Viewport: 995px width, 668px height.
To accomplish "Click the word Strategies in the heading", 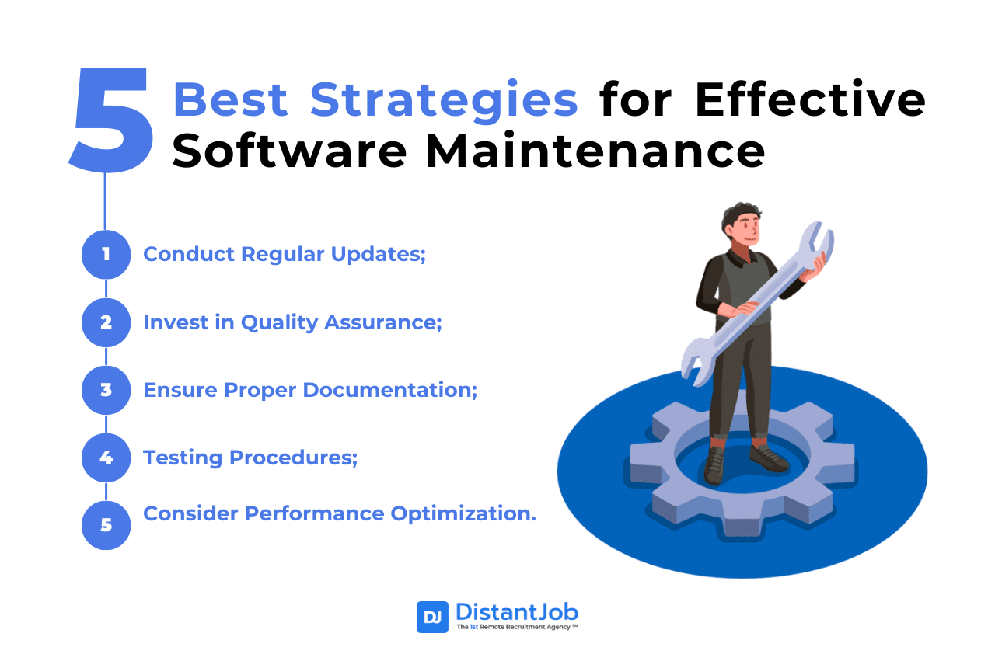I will click(444, 99).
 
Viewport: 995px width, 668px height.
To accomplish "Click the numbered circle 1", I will click(106, 254).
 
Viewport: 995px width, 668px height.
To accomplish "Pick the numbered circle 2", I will click(106, 322).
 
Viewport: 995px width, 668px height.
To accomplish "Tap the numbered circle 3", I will click(106, 389).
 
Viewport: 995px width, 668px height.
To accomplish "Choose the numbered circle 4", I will click(106, 457).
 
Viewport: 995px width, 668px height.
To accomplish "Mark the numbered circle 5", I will click(106, 525).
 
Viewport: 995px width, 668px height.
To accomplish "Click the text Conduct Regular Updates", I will click(285, 254).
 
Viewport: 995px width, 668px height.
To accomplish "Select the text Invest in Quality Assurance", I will click(292, 322).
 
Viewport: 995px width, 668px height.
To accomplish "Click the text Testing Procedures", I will click(250, 457).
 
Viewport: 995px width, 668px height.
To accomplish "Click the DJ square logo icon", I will click(432, 617).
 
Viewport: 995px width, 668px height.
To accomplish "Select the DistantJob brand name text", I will click(516, 611).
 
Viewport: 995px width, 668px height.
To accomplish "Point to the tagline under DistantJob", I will click(516, 627).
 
